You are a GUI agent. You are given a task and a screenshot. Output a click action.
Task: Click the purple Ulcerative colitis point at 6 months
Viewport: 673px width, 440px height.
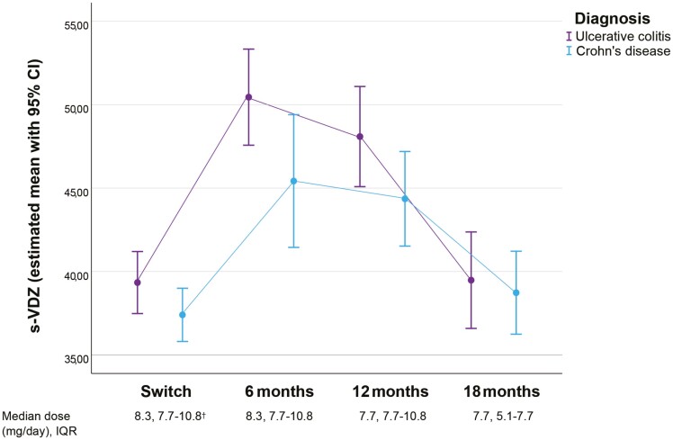[248, 97]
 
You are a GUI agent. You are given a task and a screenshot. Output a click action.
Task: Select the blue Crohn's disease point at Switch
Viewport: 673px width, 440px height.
[183, 315]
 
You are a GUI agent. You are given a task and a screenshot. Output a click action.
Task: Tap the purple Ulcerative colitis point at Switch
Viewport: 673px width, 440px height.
[138, 283]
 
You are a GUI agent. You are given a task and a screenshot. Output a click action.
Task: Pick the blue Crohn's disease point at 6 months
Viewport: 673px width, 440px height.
[293, 181]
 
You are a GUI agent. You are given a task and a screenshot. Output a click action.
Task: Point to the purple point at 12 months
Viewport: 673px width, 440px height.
[360, 137]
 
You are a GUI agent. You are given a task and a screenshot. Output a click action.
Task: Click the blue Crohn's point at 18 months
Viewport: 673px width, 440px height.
[516, 292]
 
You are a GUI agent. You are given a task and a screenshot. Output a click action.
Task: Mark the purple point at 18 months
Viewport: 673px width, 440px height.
[471, 281]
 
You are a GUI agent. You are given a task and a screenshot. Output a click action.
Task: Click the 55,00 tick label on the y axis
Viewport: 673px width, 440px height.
[76, 25]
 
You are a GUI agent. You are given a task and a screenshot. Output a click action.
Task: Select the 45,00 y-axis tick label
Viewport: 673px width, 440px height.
[76, 192]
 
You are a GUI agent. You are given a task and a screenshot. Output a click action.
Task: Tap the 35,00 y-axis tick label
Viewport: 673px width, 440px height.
[76, 358]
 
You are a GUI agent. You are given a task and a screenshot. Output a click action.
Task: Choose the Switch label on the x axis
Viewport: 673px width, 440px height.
[166, 391]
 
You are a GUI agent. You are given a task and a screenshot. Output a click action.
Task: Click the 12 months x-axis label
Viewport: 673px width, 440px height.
[390, 391]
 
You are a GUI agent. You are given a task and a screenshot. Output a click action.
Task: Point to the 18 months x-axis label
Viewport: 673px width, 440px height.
[502, 391]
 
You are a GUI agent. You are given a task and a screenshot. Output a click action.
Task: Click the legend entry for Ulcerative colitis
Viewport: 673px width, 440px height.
[618, 36]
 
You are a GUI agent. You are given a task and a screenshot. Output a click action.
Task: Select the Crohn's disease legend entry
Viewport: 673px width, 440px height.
[618, 51]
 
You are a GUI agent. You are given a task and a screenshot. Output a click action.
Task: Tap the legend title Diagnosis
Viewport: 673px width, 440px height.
[612, 19]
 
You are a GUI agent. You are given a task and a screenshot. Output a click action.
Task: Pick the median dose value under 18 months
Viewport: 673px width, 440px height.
[503, 417]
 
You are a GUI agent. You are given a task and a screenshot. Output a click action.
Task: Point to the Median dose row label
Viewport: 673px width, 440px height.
[40, 424]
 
